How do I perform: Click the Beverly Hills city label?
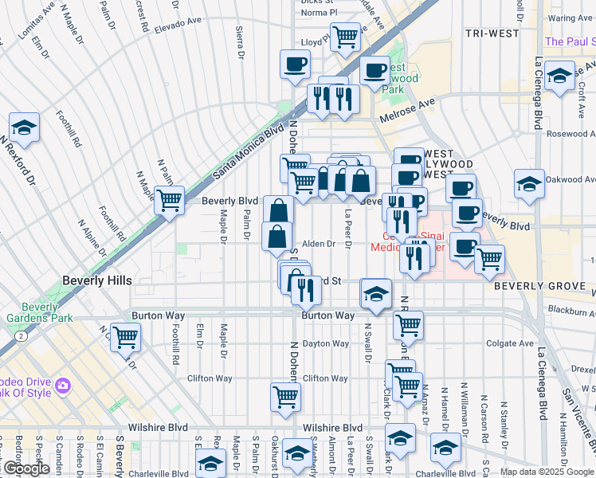pyautogui.click(x=97, y=280)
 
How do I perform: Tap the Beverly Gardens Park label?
pyautogui.click(x=41, y=312)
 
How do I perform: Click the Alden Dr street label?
pyautogui.click(x=318, y=244)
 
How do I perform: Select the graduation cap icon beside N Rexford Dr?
pyautogui.click(x=25, y=127)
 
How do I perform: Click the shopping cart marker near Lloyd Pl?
pyautogui.click(x=346, y=36)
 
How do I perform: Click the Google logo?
pyautogui.click(x=26, y=468)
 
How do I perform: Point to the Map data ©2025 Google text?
pyautogui.click(x=547, y=472)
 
